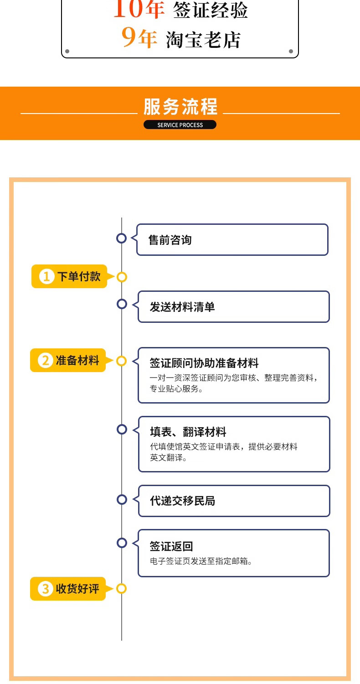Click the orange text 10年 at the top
point(139,9)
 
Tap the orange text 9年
point(139,38)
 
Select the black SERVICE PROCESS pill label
point(180,125)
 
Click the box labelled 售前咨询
point(232,240)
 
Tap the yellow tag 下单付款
point(69,276)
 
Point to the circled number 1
point(46,277)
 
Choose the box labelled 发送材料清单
point(233,307)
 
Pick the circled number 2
point(46,361)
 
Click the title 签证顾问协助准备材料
point(204,363)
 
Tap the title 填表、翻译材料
point(188,432)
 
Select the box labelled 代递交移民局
point(234,501)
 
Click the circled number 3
point(46,589)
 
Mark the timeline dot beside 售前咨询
point(122,238)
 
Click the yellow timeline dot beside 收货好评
point(121,589)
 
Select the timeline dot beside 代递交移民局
point(122,499)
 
